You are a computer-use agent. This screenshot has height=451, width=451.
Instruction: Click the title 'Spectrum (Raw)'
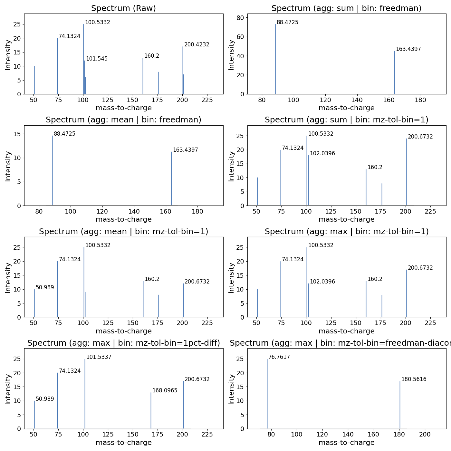click(123, 8)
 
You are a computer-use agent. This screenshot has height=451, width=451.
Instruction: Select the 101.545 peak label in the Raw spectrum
click(97, 59)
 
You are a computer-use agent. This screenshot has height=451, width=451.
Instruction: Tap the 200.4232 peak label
click(197, 45)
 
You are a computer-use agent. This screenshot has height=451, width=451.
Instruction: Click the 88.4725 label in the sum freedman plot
click(287, 23)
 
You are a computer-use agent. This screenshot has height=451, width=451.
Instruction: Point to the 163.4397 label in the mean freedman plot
click(185, 150)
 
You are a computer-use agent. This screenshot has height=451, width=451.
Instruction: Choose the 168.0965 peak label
click(165, 391)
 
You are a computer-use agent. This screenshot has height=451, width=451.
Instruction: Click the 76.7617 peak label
click(279, 357)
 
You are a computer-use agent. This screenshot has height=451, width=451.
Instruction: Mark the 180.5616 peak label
click(414, 379)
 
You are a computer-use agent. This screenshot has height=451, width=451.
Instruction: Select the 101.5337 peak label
click(99, 357)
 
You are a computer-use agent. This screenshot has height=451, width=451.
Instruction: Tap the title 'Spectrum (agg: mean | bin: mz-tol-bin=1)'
click(123, 232)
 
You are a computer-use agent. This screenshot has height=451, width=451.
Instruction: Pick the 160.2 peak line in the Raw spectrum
click(143, 76)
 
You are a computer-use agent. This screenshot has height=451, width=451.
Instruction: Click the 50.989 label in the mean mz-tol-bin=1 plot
click(45, 288)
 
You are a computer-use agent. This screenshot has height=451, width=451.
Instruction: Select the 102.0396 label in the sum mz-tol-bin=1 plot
click(322, 154)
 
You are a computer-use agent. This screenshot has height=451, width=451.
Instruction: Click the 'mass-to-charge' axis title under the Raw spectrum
click(123, 108)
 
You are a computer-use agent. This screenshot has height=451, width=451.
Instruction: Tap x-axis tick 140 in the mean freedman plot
click(134, 212)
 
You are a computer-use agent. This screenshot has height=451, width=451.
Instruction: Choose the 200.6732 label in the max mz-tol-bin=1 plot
click(420, 268)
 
